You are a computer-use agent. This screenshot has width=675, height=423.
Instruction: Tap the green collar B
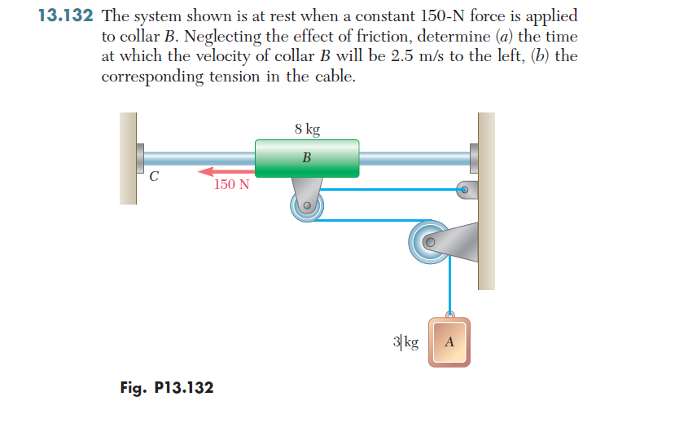307,157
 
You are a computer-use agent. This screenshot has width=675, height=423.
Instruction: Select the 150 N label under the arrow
232,185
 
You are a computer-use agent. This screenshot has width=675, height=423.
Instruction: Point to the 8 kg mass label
307,129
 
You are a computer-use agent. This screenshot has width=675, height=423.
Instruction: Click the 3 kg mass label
405,341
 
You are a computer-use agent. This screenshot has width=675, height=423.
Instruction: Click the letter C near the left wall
153,174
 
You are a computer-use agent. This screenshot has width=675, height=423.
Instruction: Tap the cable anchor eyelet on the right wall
465,190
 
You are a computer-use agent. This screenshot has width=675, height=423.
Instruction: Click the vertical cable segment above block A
447,285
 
